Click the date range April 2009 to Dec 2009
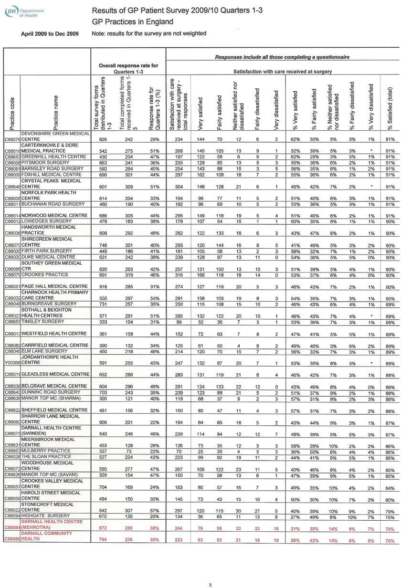[50, 33]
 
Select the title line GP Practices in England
[132, 22]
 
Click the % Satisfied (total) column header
[390, 108]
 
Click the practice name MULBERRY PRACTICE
[46, 450]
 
